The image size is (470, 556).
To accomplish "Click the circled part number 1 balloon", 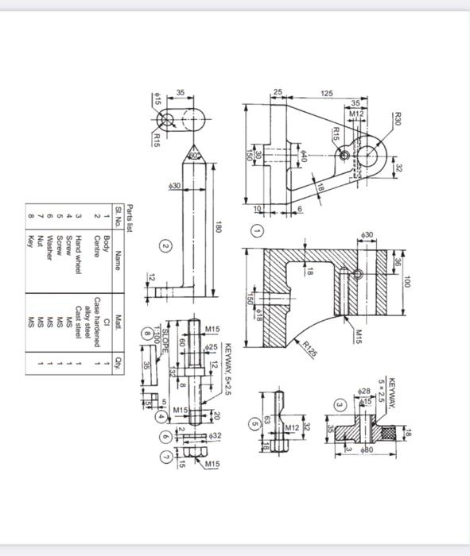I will [257, 230].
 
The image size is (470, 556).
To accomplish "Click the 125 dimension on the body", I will [326, 94].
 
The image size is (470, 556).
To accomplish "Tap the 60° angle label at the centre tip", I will [193, 154].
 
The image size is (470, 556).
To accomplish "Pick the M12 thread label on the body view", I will [355, 114].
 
